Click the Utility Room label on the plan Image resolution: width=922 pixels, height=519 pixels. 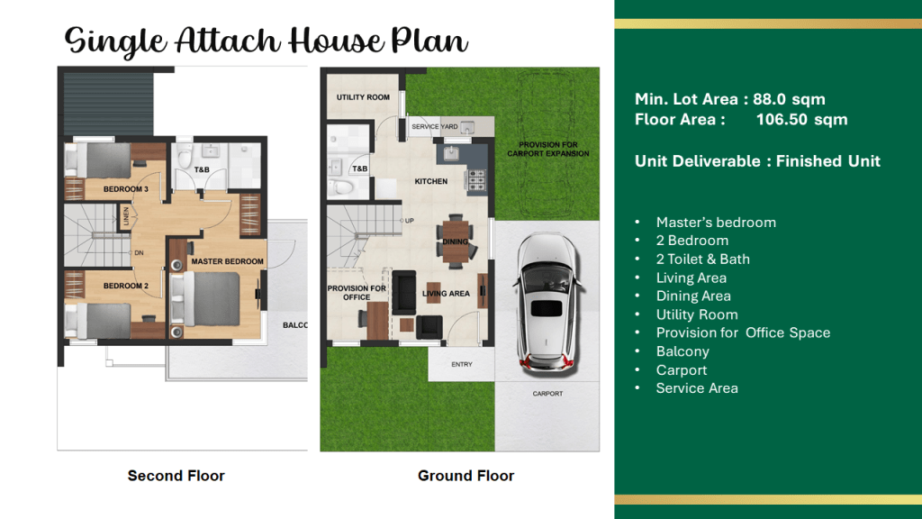(x=363, y=97)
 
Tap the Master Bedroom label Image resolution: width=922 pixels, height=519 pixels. (x=227, y=261)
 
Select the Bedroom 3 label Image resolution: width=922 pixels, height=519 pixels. (x=126, y=189)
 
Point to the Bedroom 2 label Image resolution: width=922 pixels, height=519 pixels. (x=126, y=286)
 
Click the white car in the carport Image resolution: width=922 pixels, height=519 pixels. (x=547, y=302)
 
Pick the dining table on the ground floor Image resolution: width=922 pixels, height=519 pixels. (x=456, y=241)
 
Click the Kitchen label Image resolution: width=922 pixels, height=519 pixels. (x=431, y=181)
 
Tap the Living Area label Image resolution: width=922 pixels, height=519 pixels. (x=446, y=293)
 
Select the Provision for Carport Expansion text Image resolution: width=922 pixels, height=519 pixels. (x=548, y=149)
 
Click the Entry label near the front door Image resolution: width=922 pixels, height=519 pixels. (x=462, y=364)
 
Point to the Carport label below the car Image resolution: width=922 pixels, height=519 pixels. (x=547, y=394)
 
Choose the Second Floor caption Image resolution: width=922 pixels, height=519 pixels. (x=176, y=476)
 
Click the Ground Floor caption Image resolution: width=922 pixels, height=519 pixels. (x=466, y=476)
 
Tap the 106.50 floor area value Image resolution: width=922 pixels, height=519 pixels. (x=782, y=120)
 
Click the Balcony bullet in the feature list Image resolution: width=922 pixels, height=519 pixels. (x=682, y=351)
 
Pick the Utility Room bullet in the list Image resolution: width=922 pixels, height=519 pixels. (x=697, y=314)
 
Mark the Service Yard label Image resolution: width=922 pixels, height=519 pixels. (x=435, y=126)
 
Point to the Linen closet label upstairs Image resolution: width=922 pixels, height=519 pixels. (x=126, y=216)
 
